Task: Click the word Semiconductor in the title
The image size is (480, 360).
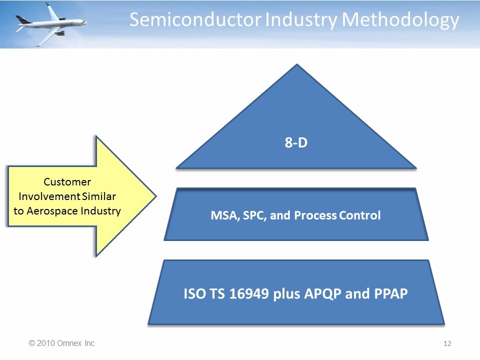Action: point(195,19)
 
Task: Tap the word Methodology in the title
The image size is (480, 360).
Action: point(400,21)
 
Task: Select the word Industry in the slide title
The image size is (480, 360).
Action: point(301,21)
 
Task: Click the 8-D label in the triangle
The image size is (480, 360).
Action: point(296,142)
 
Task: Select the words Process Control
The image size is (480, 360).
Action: point(337,215)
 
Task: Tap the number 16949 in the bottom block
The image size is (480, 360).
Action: point(249,293)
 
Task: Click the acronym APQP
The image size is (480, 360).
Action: point(322,294)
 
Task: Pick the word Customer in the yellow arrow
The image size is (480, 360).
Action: point(67,182)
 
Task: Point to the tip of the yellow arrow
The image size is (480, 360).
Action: point(156,196)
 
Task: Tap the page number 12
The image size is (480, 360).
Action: point(447,343)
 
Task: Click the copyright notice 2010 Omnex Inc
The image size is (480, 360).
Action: point(61,343)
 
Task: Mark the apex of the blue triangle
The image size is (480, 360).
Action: point(296,64)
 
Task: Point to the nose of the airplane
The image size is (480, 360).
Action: point(86,22)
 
